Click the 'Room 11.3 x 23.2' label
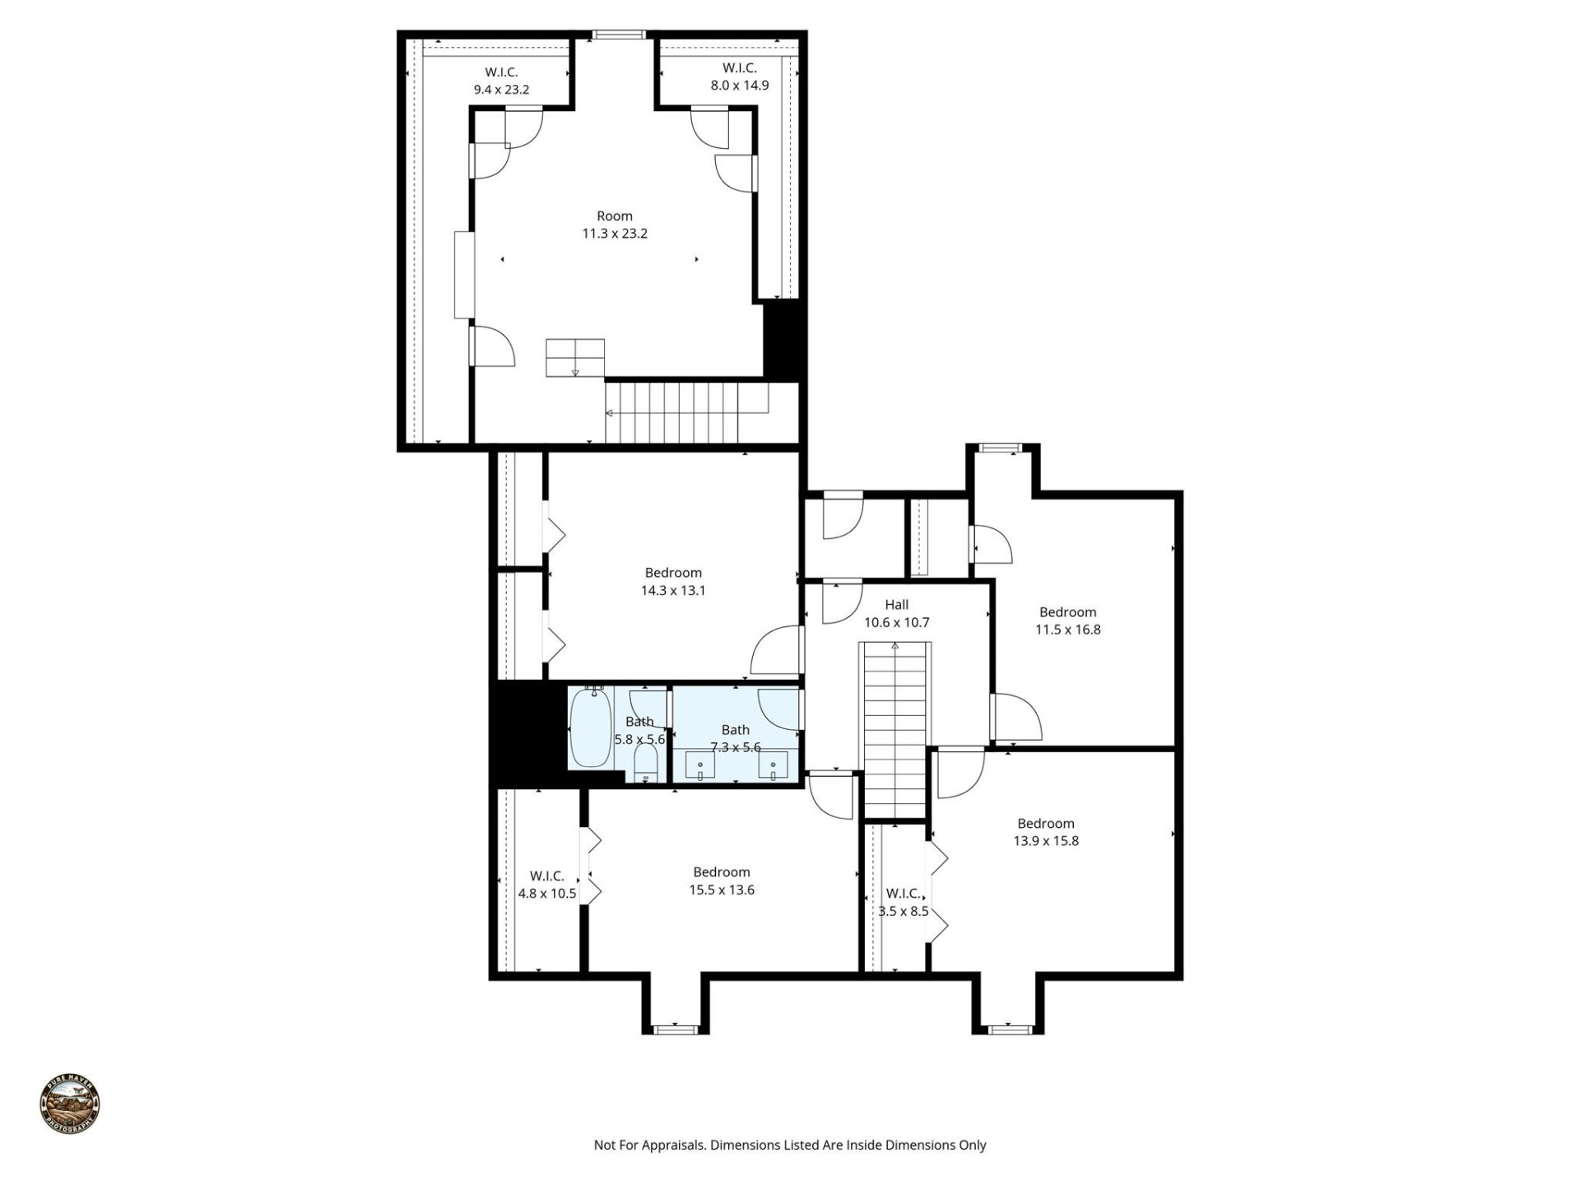tap(615, 225)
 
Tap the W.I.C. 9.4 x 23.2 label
tap(501, 81)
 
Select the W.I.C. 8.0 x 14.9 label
tap(740, 77)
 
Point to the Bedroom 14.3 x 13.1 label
tap(673, 581)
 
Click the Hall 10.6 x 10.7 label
tap(896, 613)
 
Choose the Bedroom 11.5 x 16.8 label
tap(1067, 620)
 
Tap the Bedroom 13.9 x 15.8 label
tap(1045, 832)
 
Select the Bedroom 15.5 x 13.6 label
tap(721, 881)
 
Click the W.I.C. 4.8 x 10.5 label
tap(546, 885)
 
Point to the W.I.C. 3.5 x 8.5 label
tap(903, 902)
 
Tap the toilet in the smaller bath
tap(646, 764)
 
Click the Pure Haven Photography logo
tap(70, 1104)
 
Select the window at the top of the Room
tap(619, 35)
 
